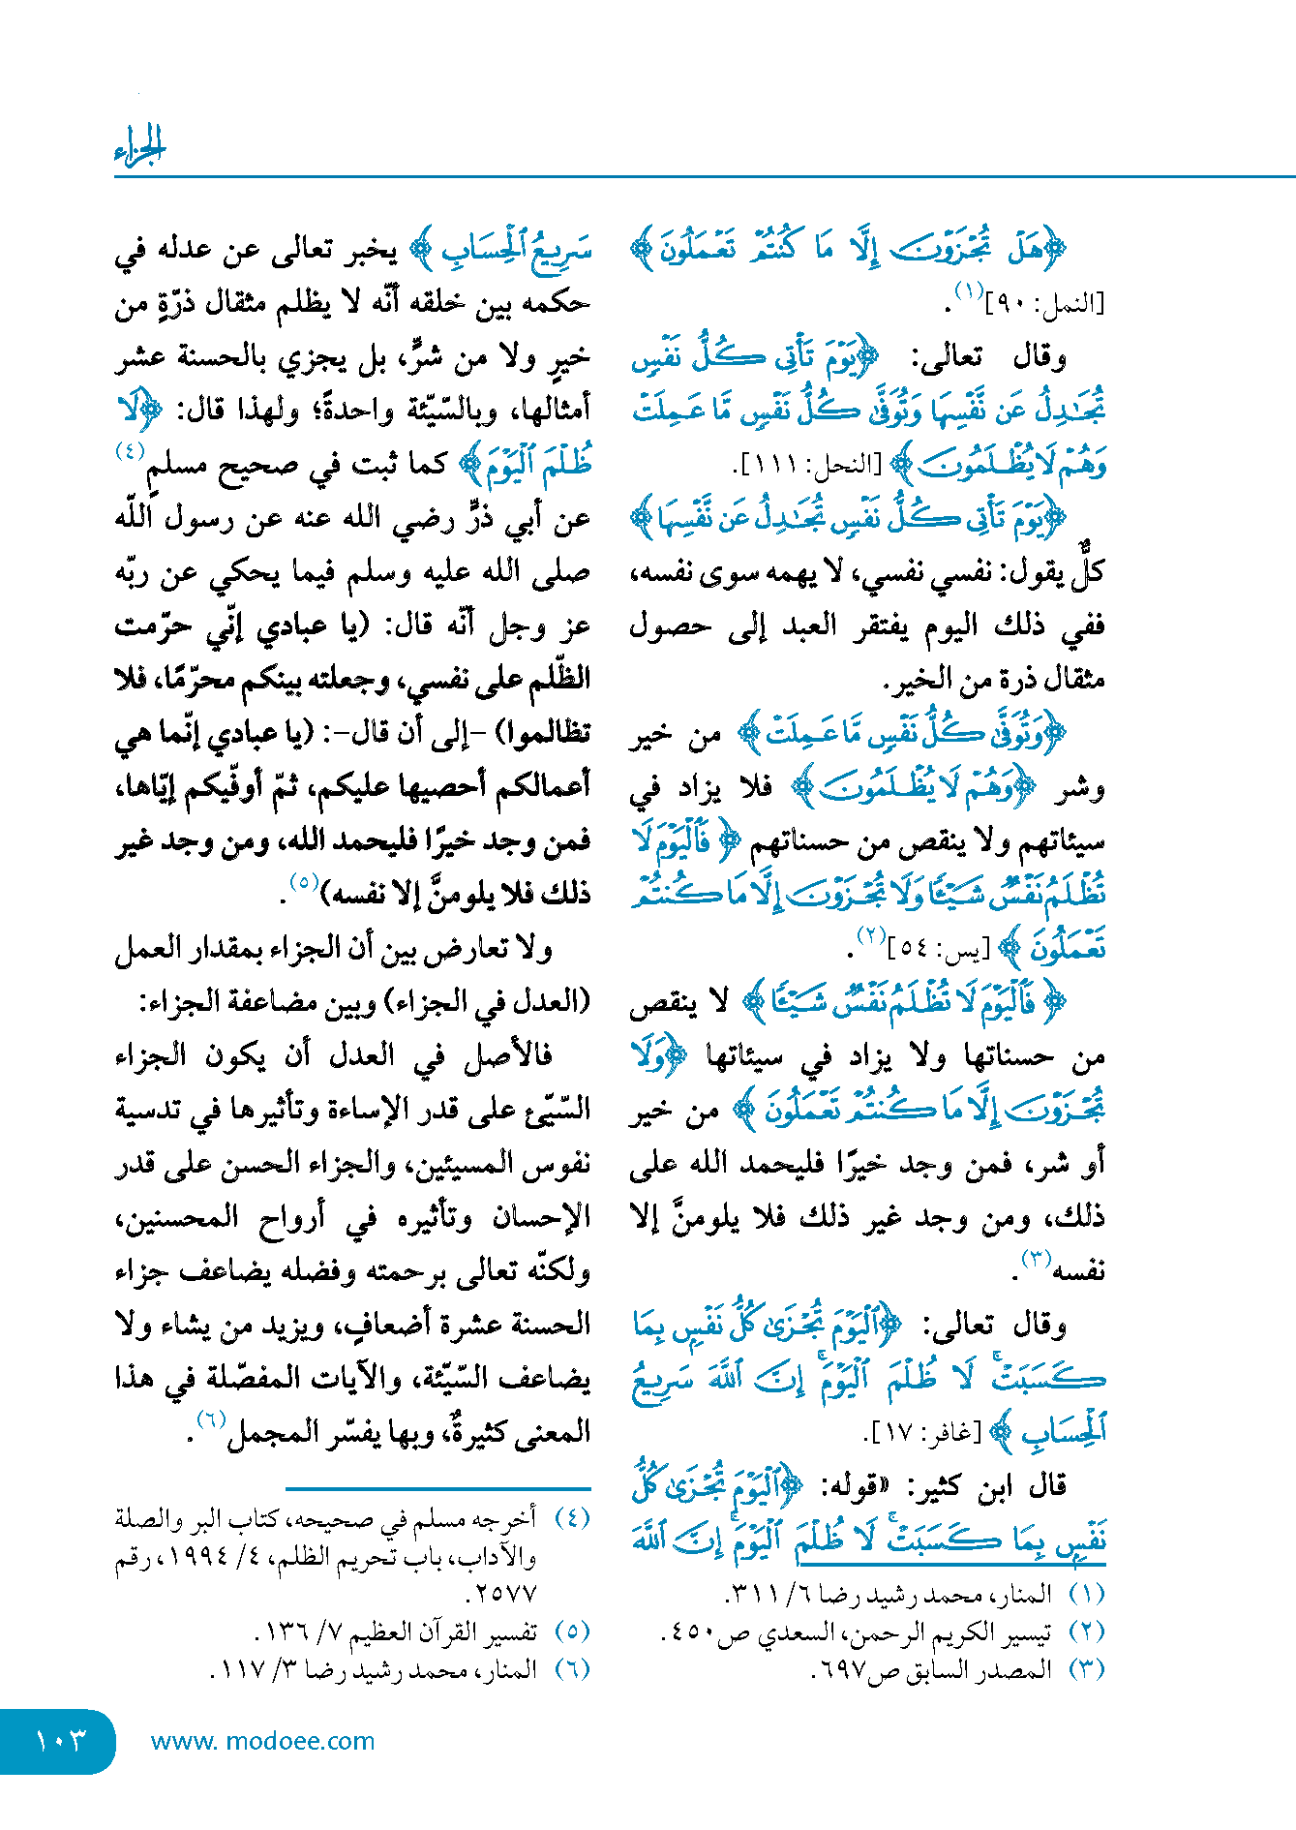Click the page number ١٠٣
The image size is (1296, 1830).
60,1740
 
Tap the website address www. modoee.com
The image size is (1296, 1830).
262,1741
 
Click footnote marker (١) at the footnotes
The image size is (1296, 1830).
1086,1594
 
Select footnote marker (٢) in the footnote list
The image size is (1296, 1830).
1086,1632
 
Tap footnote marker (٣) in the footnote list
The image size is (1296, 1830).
1086,1669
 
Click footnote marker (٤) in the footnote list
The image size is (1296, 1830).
572,1518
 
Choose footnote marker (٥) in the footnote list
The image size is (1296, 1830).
572,1632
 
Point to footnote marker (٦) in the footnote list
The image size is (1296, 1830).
572,1669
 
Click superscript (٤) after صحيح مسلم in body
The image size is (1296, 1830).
130,452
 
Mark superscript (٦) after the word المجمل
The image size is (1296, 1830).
211,1419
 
